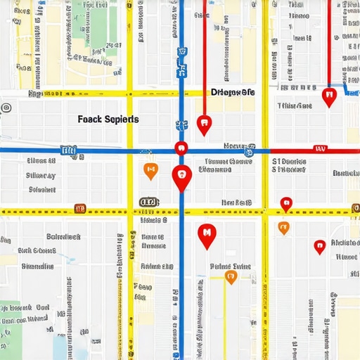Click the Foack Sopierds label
(x=108, y=120)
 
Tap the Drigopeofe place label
(x=233, y=92)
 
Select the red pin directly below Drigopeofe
(x=204, y=124)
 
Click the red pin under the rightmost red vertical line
(x=328, y=96)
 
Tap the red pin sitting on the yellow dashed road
(x=285, y=203)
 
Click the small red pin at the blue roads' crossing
(x=181, y=147)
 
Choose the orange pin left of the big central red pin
(x=150, y=169)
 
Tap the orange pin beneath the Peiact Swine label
(x=230, y=277)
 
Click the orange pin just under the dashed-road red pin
(x=283, y=227)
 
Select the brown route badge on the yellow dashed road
(x=79, y=208)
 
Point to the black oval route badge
(x=148, y=202)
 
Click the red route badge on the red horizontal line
(x=321, y=149)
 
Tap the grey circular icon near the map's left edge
(x=6, y=108)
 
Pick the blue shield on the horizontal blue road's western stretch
(x=68, y=150)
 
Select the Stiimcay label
(x=40, y=175)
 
